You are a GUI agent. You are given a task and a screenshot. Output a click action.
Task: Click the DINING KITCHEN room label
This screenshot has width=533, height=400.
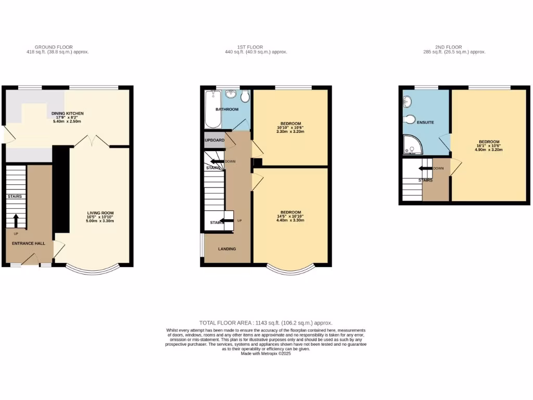pyautogui.click(x=68, y=114)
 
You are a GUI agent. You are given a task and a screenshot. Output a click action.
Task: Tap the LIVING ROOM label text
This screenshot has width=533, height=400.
pyautogui.click(x=100, y=213)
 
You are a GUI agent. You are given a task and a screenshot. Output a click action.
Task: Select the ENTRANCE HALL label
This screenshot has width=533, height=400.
pyautogui.click(x=29, y=243)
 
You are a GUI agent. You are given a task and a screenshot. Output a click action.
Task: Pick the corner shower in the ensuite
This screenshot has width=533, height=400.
pyautogui.click(x=412, y=146)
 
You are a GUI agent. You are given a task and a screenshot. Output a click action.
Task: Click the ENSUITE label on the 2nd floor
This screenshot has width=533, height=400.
pyautogui.click(x=425, y=122)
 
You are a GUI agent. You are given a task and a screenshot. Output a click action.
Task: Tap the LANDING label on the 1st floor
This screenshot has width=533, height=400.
pyautogui.click(x=226, y=249)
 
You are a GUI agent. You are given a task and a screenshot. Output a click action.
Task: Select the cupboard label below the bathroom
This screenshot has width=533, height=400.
pyautogui.click(x=214, y=141)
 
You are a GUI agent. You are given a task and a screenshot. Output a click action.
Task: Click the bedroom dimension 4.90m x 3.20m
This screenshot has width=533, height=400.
pyautogui.click(x=489, y=149)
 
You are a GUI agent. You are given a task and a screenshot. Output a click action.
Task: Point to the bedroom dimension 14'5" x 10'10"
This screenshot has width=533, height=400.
pyautogui.click(x=290, y=216)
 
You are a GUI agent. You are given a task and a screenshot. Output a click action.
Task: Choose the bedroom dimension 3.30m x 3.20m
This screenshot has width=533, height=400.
pyautogui.click(x=290, y=132)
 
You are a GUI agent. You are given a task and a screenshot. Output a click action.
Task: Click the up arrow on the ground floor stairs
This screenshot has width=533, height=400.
pyautogui.click(x=16, y=220)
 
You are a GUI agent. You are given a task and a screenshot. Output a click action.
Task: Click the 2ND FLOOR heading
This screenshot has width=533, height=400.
pyautogui.click(x=448, y=47)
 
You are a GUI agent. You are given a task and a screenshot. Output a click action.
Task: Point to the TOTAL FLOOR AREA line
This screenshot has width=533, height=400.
pyautogui.click(x=265, y=323)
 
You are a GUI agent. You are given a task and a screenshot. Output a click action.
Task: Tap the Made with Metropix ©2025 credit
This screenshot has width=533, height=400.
pyautogui.click(x=266, y=354)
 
